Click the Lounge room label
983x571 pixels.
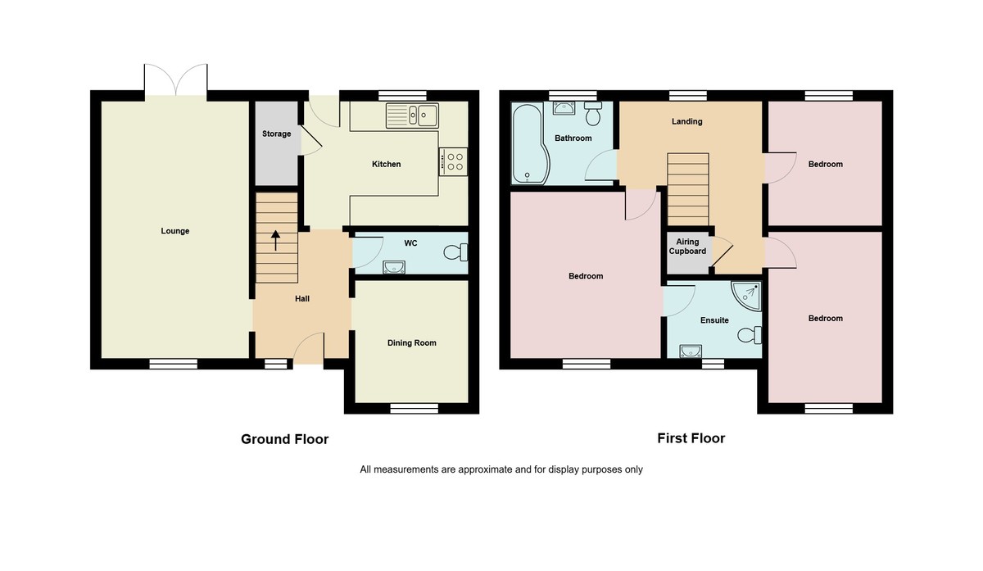175,231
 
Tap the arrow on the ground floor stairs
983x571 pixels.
275,238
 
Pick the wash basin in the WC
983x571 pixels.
394,265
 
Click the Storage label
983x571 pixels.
276,134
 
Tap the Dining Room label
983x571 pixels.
412,342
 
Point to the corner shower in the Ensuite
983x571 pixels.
747,295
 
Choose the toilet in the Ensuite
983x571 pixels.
749,335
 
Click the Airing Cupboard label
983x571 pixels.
687,247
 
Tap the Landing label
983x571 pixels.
686,121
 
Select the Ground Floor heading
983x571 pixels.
284,439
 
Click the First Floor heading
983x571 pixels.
691,438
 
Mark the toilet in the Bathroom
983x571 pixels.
592,114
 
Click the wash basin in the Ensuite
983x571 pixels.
691,351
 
